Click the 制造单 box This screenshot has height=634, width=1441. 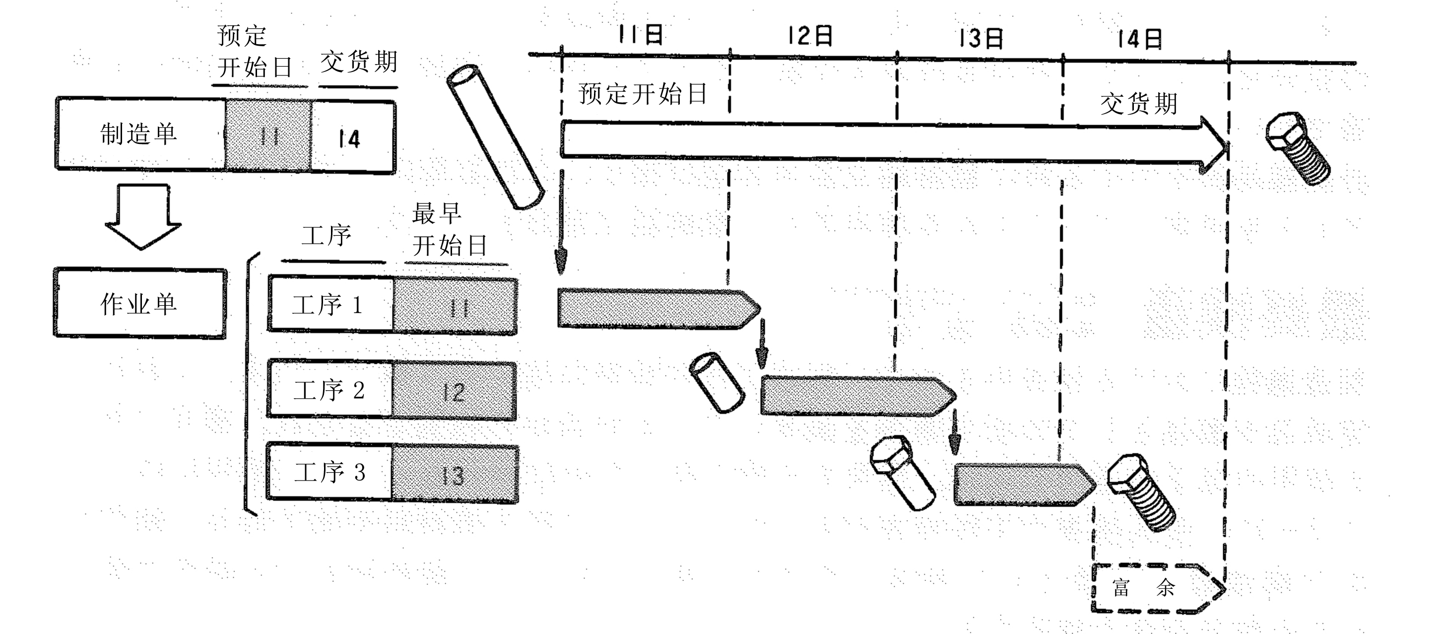[140, 133]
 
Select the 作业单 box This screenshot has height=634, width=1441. [140, 303]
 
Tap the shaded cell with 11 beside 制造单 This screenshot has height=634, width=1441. [268, 135]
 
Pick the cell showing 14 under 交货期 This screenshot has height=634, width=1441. [353, 137]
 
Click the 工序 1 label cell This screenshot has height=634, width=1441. [330, 304]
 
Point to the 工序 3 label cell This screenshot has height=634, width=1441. [329, 472]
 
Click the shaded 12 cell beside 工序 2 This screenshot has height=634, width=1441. [454, 391]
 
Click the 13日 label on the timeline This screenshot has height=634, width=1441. [981, 38]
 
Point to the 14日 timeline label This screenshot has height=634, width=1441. [1139, 39]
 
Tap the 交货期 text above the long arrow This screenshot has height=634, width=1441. [1139, 104]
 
